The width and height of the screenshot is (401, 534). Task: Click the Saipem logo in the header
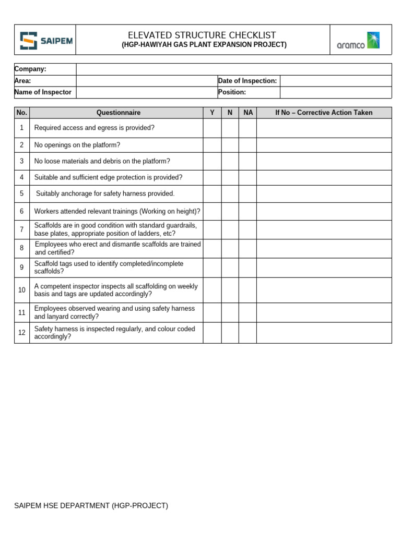click(45, 40)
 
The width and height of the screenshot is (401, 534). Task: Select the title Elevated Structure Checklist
click(203, 35)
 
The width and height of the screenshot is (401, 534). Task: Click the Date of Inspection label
click(247, 81)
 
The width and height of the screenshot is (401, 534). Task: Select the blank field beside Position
click(335, 92)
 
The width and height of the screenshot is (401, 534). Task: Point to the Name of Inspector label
click(43, 92)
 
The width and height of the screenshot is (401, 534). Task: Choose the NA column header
click(248, 113)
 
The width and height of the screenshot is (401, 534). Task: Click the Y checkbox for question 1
click(212, 128)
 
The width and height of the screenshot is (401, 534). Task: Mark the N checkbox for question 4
click(230, 177)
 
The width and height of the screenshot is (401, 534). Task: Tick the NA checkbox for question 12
click(248, 333)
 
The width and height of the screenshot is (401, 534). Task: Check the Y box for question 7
click(212, 229)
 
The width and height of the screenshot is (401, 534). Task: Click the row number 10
click(22, 290)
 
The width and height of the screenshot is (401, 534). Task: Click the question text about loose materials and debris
click(102, 161)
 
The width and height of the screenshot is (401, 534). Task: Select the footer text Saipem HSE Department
click(91, 505)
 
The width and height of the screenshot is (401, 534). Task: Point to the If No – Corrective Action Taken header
click(324, 113)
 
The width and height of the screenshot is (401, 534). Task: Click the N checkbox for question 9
click(230, 268)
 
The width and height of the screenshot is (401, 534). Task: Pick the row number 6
click(22, 211)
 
